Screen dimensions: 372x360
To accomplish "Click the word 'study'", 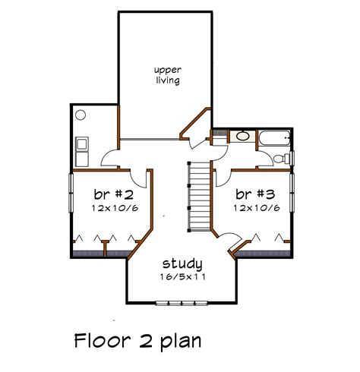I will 182,264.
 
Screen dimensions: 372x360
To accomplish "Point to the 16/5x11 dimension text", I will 182,278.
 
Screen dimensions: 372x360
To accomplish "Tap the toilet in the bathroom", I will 280,157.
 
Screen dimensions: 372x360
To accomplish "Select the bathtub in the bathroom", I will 274,138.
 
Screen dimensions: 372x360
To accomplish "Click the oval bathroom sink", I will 241,137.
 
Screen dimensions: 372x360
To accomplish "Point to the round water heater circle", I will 81,115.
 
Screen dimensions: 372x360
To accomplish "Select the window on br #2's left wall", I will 71,194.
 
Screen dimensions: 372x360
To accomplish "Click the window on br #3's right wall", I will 292,194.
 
